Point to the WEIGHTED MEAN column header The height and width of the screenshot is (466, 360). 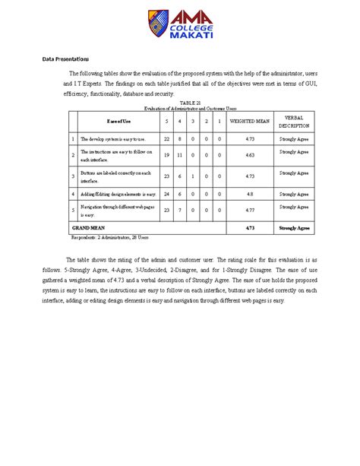(250, 122)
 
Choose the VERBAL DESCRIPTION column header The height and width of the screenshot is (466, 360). (294, 122)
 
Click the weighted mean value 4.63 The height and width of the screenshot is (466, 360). (250, 154)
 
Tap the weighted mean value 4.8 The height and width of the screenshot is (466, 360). (250, 194)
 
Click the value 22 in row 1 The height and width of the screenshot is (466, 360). (166, 139)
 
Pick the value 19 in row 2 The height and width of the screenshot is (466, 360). (166, 154)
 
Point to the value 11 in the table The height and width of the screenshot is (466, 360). (180, 154)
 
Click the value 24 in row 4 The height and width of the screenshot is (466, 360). (166, 194)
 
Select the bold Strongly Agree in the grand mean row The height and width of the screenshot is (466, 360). (294, 227)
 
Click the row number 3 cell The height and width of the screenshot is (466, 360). (73, 176)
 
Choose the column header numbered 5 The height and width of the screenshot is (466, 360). (166, 122)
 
